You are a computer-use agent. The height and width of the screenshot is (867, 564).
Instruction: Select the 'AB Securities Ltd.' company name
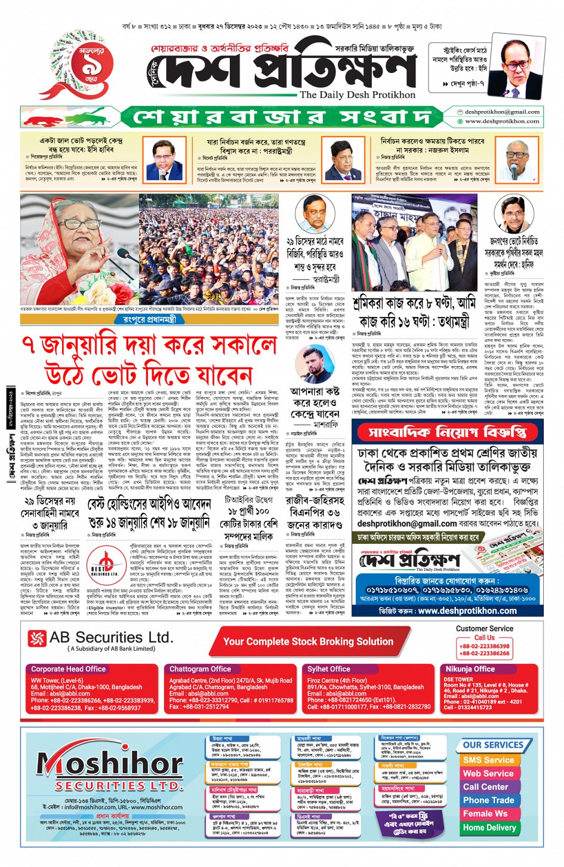click(x=111, y=638)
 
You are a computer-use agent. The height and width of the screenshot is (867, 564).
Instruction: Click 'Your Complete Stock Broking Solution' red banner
click(x=308, y=642)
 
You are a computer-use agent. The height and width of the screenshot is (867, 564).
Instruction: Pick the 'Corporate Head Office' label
click(x=68, y=669)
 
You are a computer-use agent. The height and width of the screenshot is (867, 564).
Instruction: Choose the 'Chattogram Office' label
click(x=200, y=669)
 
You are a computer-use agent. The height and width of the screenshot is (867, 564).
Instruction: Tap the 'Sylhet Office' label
click(x=328, y=669)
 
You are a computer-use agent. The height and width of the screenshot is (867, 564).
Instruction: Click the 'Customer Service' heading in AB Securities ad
click(x=484, y=629)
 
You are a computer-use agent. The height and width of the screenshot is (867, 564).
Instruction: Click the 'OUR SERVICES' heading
click(x=492, y=745)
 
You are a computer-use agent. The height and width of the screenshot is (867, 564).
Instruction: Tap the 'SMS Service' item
click(x=488, y=760)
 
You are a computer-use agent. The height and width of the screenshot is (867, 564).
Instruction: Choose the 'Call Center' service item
click(x=486, y=787)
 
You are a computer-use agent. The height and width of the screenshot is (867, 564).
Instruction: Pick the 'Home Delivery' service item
click(x=489, y=828)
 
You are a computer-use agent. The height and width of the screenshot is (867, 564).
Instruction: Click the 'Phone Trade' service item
click(x=488, y=800)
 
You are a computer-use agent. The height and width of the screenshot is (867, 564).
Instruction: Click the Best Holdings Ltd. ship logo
click(x=104, y=564)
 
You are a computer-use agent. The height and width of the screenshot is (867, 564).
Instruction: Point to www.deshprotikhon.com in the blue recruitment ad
click(x=467, y=611)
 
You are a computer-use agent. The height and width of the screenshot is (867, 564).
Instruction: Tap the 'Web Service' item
click(x=488, y=773)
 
